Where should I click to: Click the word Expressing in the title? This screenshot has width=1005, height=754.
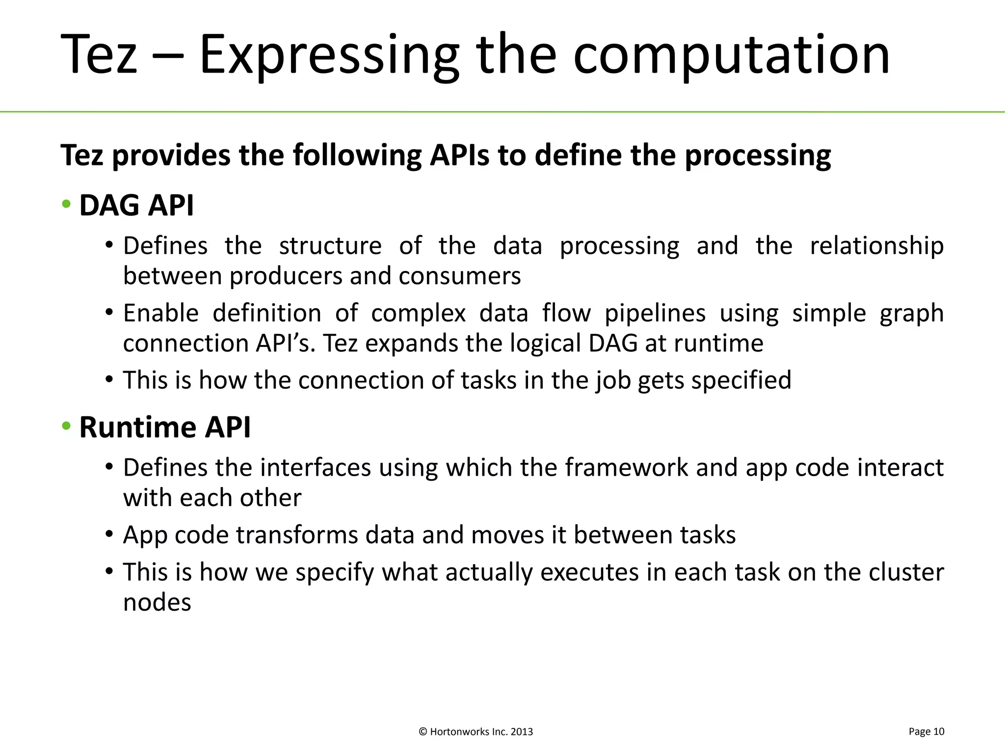coord(329,55)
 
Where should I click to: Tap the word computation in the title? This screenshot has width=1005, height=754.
coord(731,55)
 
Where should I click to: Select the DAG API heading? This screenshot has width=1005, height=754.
coord(136,205)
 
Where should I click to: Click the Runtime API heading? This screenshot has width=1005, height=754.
coord(165,427)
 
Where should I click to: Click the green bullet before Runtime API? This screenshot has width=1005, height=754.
coord(66,426)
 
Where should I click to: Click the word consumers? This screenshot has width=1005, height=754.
coord(459,276)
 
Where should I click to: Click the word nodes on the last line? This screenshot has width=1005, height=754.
coord(157,603)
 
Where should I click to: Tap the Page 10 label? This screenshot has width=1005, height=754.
coord(926,731)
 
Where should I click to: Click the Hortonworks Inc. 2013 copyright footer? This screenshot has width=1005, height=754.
coord(476,732)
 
